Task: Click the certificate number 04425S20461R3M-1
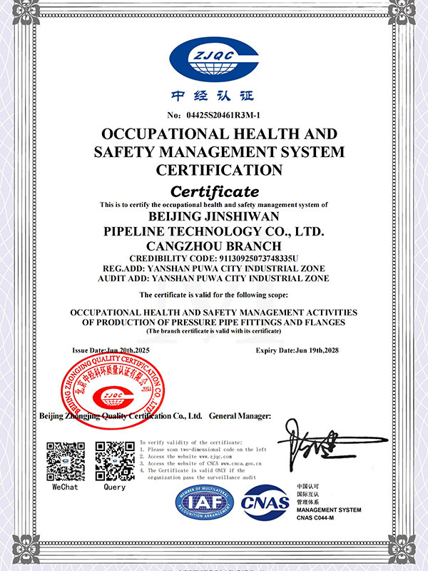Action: (223, 115)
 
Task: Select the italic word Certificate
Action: (214, 191)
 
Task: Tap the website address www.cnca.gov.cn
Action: (228, 464)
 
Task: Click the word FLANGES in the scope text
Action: (323, 323)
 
